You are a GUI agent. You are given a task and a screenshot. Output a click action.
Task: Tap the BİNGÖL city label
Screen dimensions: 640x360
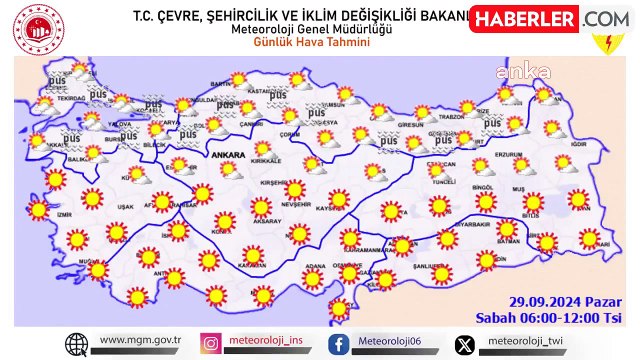(484, 187)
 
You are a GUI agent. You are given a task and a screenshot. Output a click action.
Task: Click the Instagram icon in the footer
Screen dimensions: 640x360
(211, 344)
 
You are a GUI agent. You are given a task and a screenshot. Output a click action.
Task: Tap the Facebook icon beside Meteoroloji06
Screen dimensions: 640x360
(340, 344)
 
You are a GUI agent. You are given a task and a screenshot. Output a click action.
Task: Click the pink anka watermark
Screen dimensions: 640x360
(530, 72)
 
